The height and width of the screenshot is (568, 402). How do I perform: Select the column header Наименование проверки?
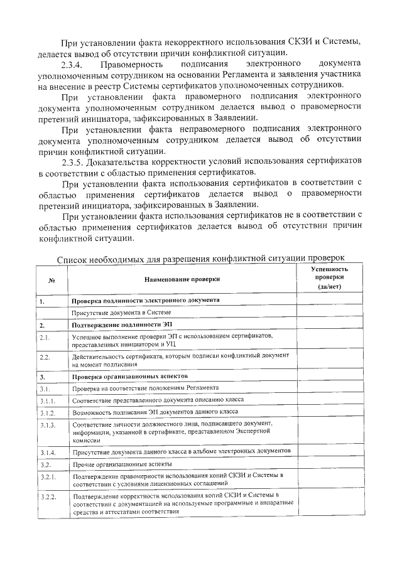point(182,279)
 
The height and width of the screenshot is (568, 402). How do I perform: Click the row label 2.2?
point(45,357)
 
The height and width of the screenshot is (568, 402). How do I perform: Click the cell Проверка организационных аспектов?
point(121,377)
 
